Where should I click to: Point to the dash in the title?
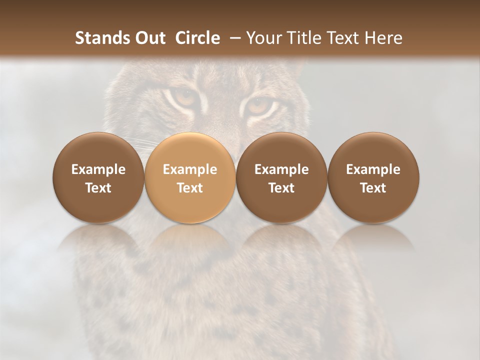tap(233, 38)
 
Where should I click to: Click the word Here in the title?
tap(383, 38)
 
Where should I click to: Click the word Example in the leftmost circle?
tap(98, 169)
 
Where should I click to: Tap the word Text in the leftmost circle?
tap(98, 188)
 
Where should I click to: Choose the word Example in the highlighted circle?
tap(190, 169)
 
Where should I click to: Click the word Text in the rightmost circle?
tap(373, 188)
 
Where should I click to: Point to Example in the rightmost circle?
tap(373, 169)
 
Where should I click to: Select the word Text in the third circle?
tap(281, 188)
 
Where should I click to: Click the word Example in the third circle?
tap(281, 169)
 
